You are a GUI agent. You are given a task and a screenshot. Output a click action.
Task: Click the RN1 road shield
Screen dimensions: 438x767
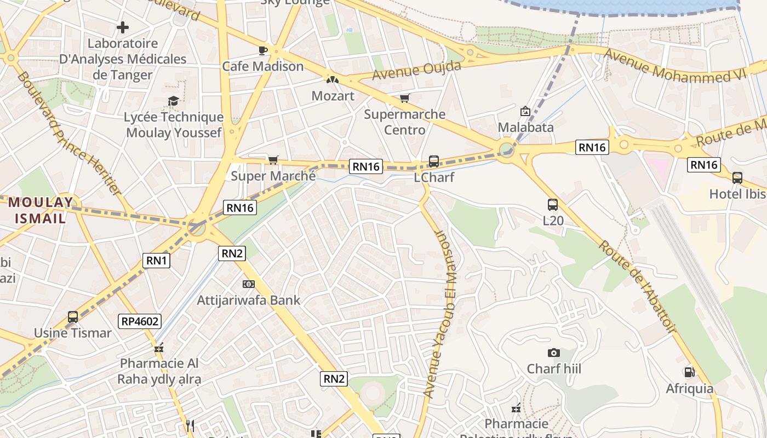coord(157,261)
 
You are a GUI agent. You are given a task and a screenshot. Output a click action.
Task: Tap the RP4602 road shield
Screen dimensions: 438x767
coord(140,321)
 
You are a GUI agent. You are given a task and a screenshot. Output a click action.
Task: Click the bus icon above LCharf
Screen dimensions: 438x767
coord(434,162)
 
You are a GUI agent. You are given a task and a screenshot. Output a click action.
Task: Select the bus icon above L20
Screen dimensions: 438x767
coord(553,205)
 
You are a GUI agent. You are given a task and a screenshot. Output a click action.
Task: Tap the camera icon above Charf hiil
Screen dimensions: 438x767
coord(554,353)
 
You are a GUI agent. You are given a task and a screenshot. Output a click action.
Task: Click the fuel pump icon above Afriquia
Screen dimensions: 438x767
coord(689,372)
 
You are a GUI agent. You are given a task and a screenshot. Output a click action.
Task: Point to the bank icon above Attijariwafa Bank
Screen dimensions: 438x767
coord(249,284)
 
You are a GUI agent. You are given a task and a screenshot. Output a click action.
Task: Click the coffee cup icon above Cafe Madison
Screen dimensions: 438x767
coord(263,50)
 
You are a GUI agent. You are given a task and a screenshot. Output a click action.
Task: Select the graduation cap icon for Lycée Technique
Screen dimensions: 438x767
coord(174,101)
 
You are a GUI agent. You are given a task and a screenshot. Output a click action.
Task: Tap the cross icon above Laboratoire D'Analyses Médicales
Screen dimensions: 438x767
coord(123,27)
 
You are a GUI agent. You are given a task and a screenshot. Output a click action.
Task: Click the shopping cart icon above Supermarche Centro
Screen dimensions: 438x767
coord(404,99)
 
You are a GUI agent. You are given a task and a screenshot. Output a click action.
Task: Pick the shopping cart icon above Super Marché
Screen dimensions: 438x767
coord(273,160)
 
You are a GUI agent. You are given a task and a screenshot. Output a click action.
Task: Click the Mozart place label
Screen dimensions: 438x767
coord(333,96)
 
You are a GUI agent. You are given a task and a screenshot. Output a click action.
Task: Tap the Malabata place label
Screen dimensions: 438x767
coord(525,127)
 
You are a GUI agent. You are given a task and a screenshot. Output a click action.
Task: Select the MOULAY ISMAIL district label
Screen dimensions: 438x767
coord(40,210)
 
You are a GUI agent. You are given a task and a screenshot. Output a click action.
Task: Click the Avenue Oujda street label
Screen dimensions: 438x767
coord(417,70)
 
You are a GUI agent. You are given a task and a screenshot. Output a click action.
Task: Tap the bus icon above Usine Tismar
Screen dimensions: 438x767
coord(73,316)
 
